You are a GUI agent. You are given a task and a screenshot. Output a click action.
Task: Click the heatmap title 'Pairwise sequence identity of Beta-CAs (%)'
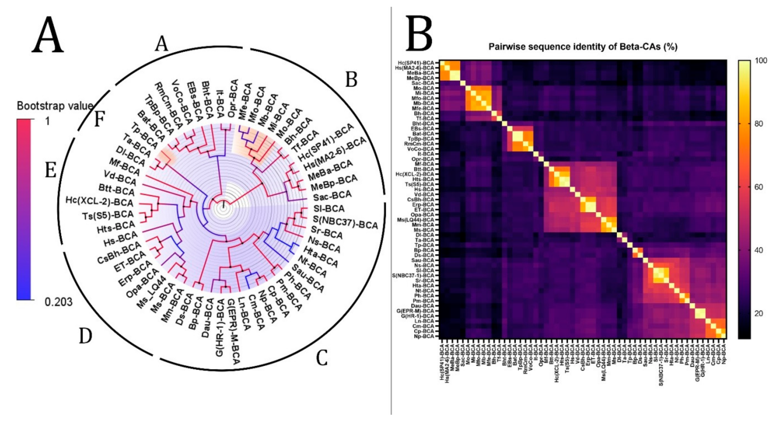pyautogui.click(x=583, y=47)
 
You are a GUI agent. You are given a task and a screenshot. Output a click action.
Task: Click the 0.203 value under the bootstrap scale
pyautogui.click(x=58, y=302)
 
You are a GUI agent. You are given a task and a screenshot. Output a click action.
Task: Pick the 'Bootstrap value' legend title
pyautogui.click(x=55, y=106)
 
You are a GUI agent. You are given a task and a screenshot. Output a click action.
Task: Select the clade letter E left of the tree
pyautogui.click(x=51, y=170)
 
